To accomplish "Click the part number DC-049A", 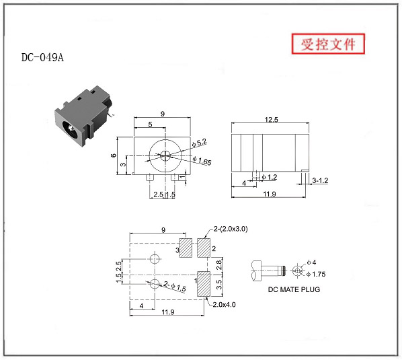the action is (x=42, y=57).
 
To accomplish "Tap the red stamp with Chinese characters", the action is (x=328, y=44).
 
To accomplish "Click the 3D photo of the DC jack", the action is (x=83, y=116).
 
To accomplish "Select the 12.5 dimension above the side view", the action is (x=271, y=120).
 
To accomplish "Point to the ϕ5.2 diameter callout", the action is (x=199, y=143).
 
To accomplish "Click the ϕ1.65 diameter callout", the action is (x=202, y=161).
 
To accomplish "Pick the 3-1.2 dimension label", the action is (x=320, y=180).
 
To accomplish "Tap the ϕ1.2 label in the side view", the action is (x=270, y=177).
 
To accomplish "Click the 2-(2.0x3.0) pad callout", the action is (x=231, y=229).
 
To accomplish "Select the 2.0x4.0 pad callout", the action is (x=224, y=305).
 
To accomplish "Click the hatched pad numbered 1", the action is (x=204, y=284).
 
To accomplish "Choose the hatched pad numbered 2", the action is (x=204, y=248).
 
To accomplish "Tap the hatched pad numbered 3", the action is (x=186, y=248).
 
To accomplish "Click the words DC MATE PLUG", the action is (x=294, y=289).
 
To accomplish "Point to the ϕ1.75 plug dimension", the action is (x=316, y=275).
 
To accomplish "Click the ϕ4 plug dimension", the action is (x=311, y=262).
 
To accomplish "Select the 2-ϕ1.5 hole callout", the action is (x=175, y=286).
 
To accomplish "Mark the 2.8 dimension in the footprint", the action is (x=218, y=264).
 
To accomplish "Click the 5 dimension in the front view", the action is (x=150, y=124).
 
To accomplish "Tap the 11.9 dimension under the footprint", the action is (x=168, y=312).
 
